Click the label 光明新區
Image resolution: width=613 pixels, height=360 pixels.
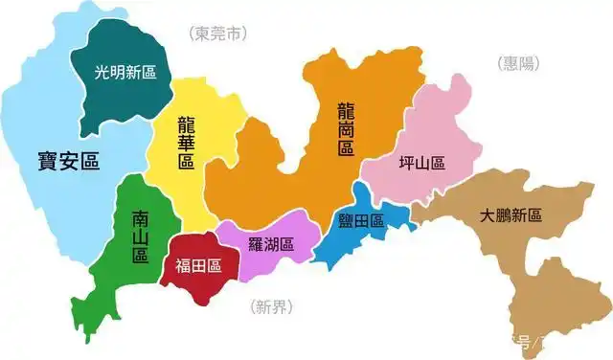click(125, 72)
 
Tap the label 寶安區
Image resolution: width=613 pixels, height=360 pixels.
click(69, 159)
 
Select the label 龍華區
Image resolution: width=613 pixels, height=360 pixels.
click(186, 143)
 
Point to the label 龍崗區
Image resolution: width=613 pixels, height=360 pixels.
click(346, 128)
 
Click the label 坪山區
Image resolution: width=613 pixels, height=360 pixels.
click(421, 163)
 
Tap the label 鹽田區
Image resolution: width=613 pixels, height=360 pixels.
click(361, 221)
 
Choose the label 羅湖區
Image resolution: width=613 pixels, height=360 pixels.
click(271, 243)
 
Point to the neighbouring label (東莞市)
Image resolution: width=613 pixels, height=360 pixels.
click(217, 34)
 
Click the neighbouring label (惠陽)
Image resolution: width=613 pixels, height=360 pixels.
click(518, 63)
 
